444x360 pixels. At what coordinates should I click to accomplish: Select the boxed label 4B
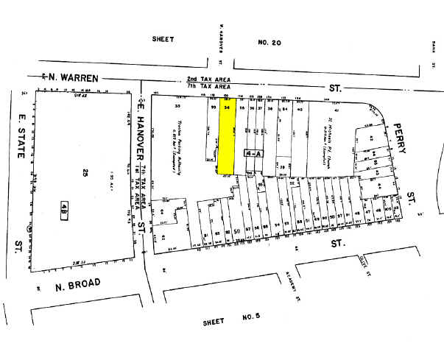point(66,208)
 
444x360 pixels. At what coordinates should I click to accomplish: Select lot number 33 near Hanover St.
point(177,107)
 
